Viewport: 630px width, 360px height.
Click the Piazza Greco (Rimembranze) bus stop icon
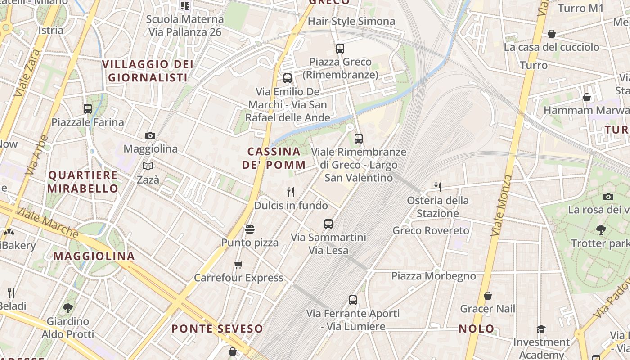340,48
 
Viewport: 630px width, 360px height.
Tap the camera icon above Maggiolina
150,135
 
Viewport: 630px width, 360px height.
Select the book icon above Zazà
148,166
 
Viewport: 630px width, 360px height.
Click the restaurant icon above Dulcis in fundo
291,192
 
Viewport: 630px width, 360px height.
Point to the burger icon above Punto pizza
250,229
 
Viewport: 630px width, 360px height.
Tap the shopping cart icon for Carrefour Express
238,265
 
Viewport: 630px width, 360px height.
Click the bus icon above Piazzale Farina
88,108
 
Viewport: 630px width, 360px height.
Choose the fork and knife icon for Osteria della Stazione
437,187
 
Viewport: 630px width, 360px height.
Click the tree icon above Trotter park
601,230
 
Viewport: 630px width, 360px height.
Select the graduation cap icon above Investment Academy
541,329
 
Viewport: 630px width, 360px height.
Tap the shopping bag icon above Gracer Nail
487,296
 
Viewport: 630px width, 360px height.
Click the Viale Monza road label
502,206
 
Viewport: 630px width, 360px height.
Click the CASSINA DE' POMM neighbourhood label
274,158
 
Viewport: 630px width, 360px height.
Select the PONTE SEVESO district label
217,328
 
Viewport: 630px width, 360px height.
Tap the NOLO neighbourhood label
477,328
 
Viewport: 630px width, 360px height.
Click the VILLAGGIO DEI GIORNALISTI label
148,71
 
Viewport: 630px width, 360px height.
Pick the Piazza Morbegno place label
433,276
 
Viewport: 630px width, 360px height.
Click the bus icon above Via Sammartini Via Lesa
328,224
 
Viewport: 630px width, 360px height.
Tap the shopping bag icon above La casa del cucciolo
551,34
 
